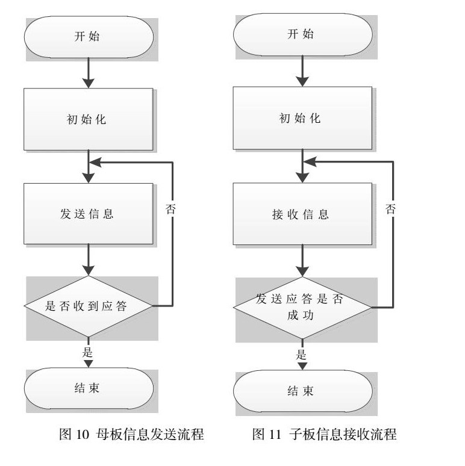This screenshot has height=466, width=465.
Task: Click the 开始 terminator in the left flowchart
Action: point(88,36)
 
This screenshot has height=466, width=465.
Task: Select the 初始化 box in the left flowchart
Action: point(88,119)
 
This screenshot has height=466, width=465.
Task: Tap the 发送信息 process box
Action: point(88,213)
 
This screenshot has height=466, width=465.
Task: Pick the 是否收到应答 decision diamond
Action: point(88,306)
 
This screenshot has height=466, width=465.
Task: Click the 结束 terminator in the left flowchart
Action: point(88,388)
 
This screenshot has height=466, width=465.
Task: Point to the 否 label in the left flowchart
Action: point(172,209)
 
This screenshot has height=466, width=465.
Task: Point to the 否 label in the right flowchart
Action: point(391,209)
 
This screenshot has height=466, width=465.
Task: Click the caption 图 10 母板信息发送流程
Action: point(131,435)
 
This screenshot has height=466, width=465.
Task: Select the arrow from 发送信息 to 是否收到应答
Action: point(88,259)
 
